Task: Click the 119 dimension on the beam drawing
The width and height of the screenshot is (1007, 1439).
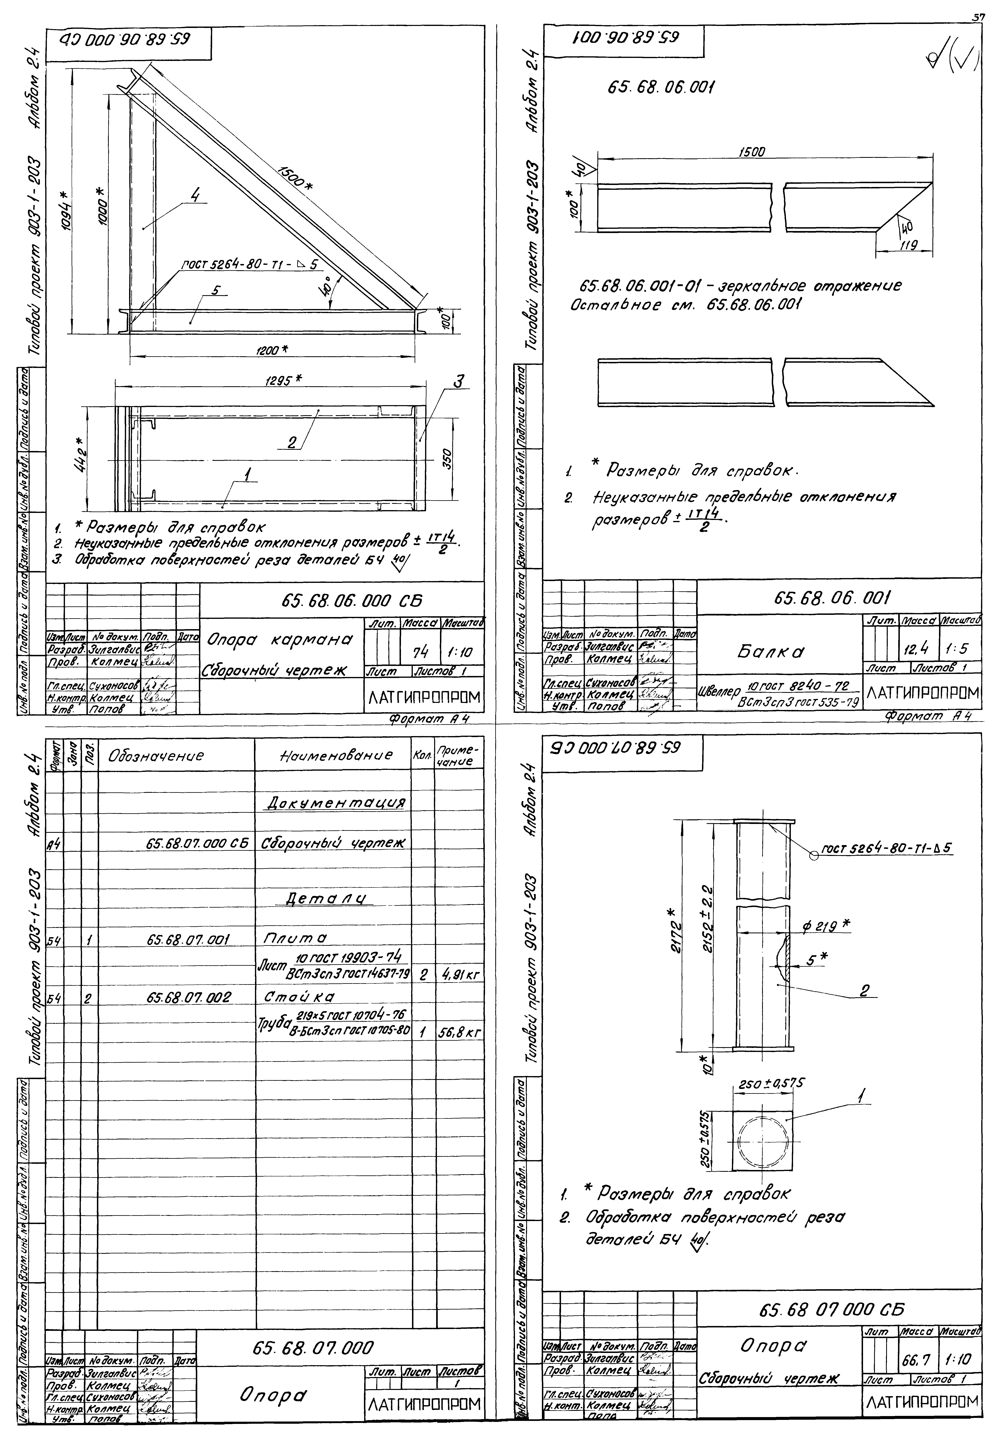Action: click(x=907, y=246)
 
